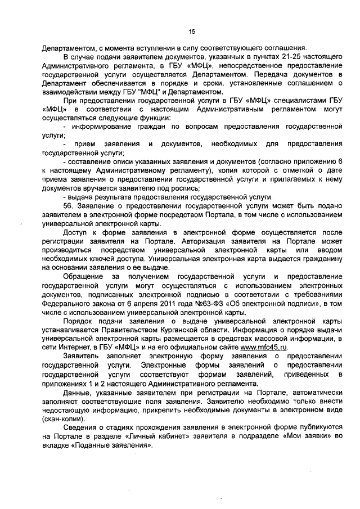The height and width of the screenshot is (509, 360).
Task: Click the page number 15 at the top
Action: (x=191, y=31)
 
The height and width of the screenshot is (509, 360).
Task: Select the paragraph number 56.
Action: (x=70, y=206)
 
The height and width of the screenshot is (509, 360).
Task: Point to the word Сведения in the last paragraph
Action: (x=82, y=429)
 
